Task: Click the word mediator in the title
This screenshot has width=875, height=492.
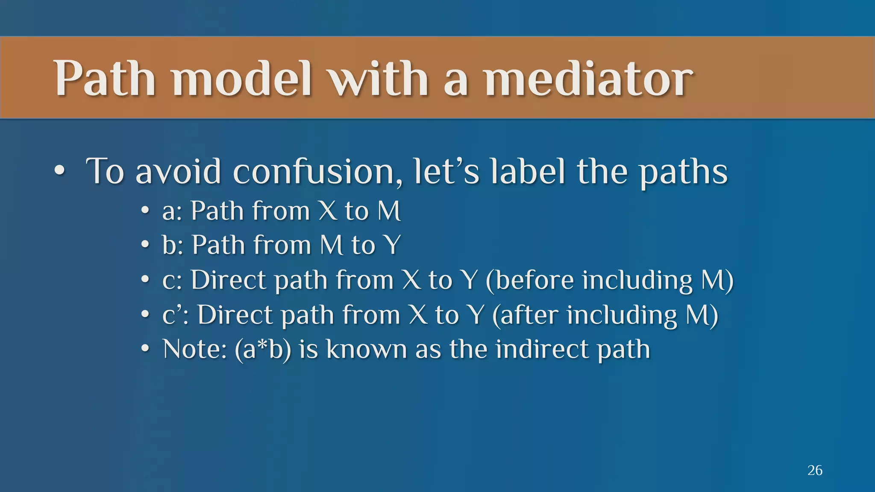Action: (588, 79)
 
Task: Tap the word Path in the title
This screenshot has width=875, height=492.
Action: (105, 79)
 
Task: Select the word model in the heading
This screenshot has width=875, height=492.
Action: (242, 79)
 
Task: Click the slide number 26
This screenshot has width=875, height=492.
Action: (815, 470)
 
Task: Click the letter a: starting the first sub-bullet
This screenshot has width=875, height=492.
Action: (172, 211)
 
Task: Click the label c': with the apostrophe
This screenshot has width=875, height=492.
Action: (175, 315)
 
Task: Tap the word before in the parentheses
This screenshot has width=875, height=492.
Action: (534, 280)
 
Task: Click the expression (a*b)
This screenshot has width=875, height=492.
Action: (263, 350)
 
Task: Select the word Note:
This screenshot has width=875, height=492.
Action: (194, 349)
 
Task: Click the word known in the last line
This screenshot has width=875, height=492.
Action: (367, 349)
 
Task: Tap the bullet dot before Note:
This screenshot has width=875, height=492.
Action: (145, 349)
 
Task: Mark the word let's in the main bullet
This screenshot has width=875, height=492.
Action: (447, 172)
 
